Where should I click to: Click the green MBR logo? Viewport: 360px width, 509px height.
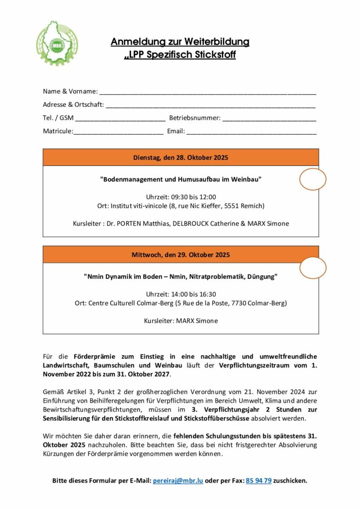point(57,43)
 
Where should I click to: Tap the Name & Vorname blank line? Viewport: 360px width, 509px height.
point(207,92)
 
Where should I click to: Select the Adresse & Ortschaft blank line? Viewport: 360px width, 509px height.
point(210,106)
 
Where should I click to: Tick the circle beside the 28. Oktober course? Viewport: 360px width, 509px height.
point(312,179)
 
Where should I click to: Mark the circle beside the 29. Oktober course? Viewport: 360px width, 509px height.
point(312,268)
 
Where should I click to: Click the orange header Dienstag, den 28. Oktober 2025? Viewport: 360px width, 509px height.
point(180,158)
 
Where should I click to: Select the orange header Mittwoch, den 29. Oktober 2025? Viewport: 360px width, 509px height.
point(180,255)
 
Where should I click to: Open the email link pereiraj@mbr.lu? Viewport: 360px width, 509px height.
point(178,481)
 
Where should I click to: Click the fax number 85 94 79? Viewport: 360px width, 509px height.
point(259,481)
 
